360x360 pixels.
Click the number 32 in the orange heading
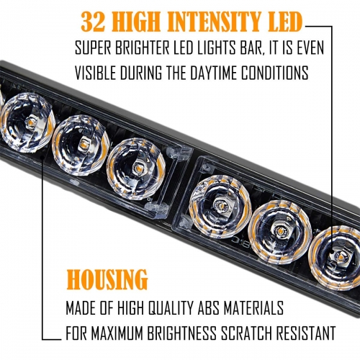click(x=93, y=22)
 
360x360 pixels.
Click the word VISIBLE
click(x=95, y=73)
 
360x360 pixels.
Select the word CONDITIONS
click(x=274, y=73)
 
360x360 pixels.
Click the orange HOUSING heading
click(x=107, y=279)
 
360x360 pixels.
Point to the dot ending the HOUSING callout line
click(x=42, y=157)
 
